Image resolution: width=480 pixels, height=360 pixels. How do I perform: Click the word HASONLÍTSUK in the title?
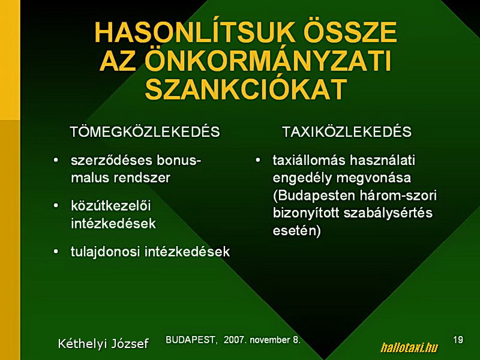coord(194,32)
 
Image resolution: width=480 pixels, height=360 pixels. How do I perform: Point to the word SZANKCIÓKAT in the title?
coord(246,88)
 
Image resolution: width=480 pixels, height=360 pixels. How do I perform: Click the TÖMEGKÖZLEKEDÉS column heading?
coord(145,131)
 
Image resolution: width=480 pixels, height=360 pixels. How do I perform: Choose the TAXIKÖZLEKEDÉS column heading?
coord(347,131)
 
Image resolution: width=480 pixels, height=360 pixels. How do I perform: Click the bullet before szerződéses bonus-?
coord(56,160)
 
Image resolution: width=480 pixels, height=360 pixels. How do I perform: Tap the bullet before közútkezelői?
coord(56,205)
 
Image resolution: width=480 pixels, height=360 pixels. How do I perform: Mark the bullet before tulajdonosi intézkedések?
coord(56,251)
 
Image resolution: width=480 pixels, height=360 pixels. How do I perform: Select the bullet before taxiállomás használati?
coord(258,160)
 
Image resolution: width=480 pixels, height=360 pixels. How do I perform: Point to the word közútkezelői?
coord(111,206)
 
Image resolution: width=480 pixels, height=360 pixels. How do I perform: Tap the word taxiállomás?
coord(309,160)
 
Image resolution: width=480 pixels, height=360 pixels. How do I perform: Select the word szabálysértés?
coord(388,213)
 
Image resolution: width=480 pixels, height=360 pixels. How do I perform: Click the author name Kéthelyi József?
coord(103,343)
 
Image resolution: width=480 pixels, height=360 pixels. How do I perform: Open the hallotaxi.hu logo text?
coord(409,348)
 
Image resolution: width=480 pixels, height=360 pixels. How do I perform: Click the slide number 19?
coord(458,340)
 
